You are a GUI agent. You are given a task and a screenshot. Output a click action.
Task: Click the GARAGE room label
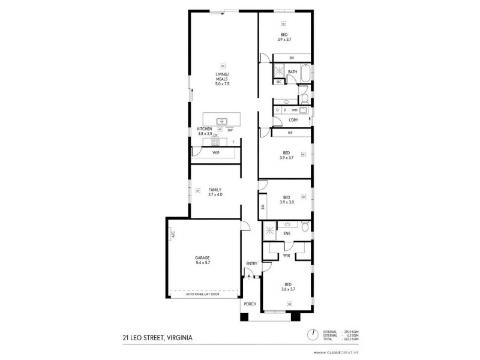(203, 259)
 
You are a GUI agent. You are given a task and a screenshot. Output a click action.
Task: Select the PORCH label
(250, 304)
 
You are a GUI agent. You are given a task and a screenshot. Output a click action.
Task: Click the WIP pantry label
(215, 154)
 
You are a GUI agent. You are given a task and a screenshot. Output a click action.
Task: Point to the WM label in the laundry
(295, 110)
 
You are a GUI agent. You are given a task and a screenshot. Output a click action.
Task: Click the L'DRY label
(293, 120)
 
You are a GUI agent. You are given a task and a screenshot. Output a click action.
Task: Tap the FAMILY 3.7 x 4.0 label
(215, 192)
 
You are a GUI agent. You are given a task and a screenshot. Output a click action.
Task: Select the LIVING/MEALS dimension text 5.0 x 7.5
(223, 83)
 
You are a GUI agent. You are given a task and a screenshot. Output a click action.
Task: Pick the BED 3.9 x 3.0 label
(286, 199)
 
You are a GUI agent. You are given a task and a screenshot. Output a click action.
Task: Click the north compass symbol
(311, 334)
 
